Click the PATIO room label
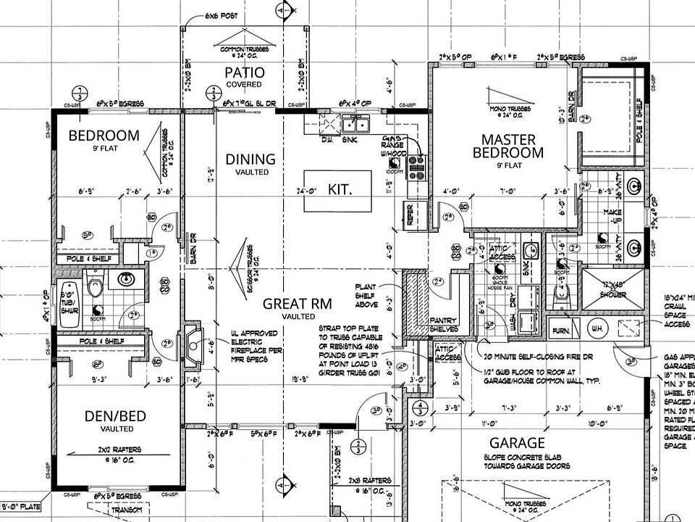[244, 72]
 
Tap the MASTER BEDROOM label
[507, 146]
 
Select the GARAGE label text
[516, 443]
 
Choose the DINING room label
[250, 159]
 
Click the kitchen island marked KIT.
[339, 191]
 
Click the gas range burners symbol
[417, 167]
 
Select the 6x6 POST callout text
[222, 15]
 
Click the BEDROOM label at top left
[104, 136]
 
